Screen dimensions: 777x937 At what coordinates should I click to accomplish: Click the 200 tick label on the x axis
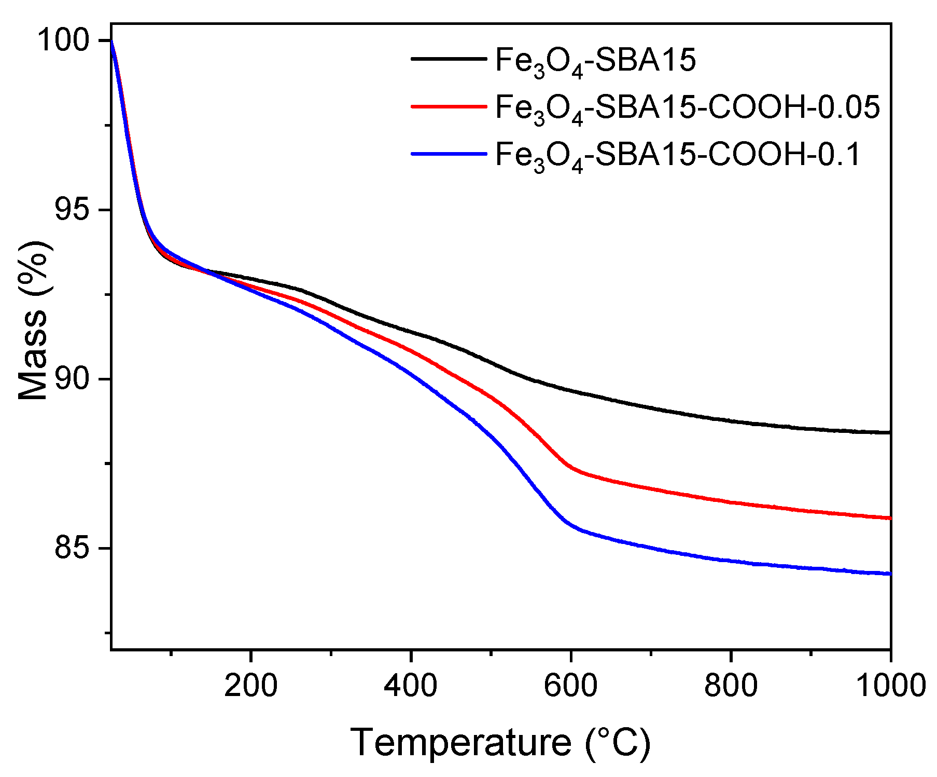coord(250,685)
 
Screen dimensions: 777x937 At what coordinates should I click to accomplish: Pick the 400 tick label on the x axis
coord(410,685)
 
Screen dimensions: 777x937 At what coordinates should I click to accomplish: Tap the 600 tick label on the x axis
coord(570,685)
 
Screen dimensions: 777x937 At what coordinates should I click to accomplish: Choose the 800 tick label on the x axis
coord(730,685)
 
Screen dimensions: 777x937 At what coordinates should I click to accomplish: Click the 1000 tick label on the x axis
coord(890,685)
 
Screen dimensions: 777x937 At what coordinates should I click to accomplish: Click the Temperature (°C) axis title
coord(500,743)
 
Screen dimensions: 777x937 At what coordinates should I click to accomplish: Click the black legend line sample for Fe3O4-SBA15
coord(449,59)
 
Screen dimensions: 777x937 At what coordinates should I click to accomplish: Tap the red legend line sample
coord(449,106)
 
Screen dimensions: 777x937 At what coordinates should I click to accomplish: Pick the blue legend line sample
coord(449,154)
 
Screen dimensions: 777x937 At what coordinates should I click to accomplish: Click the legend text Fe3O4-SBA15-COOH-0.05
coord(688,107)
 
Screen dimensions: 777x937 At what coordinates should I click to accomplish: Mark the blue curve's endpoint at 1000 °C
coord(890,574)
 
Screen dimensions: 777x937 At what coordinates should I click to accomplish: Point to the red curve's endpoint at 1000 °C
coord(890,517)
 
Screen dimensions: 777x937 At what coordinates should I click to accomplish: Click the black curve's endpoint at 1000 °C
coord(890,432)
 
